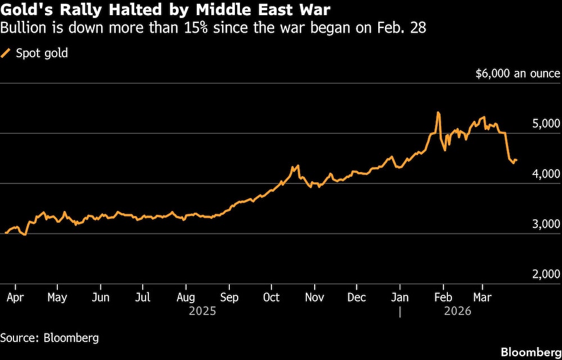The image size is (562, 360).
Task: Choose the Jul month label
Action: pos(143,297)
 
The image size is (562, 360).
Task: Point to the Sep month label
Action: pos(229,297)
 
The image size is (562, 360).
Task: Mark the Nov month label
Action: pos(315,297)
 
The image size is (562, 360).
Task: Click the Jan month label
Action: pos(400,297)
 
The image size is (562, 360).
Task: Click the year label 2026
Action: pos(457,310)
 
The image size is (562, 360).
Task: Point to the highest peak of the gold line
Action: pos(438,112)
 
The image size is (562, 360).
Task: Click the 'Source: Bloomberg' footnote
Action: pos(49,337)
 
